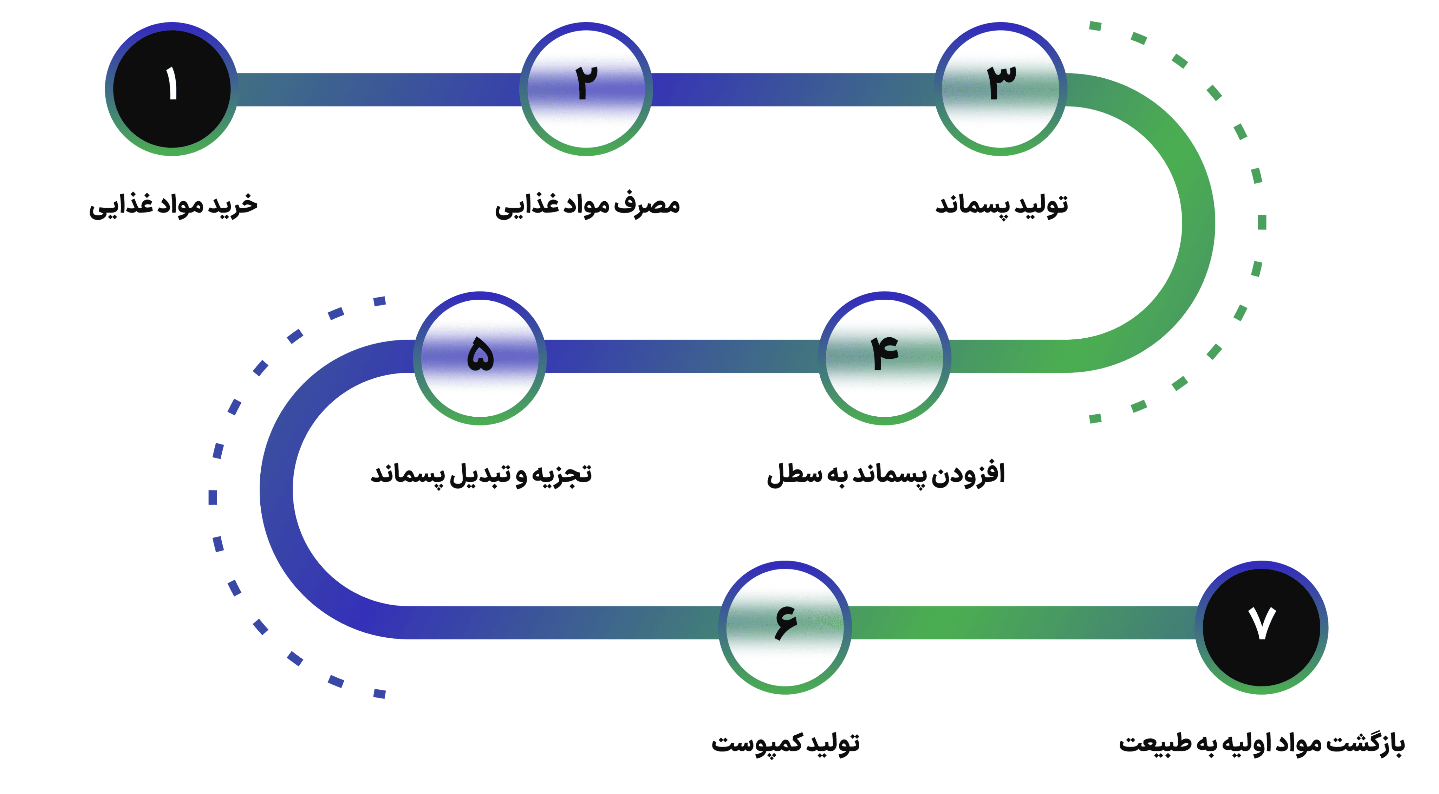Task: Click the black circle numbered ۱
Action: pos(172,89)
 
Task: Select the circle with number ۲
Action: pos(586,89)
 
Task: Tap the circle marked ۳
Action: pos(1001,89)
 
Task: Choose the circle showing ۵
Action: pos(480,358)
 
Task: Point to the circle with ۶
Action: pos(786,627)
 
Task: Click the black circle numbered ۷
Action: pos(1262,627)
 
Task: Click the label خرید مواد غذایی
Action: pos(173,206)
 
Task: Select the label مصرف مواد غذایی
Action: pos(587,206)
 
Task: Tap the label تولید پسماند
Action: pos(1002,206)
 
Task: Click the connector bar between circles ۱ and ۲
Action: pos(379,89)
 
